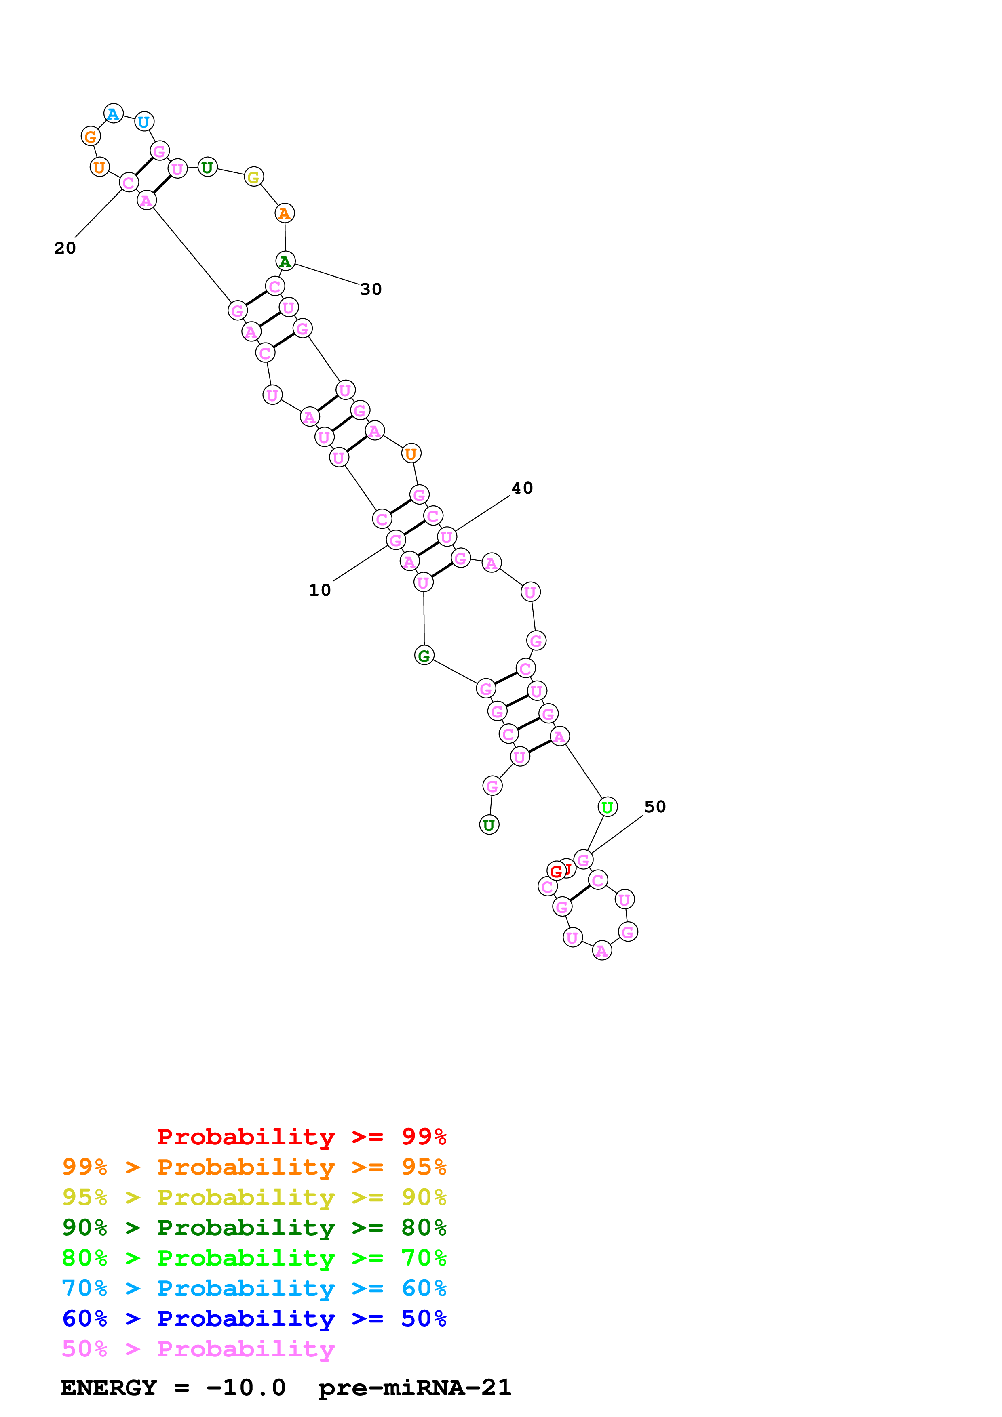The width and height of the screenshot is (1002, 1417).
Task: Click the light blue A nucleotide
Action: pos(113,114)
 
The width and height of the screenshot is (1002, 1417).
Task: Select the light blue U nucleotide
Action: pos(144,122)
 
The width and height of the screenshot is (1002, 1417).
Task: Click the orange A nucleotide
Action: pos(285,214)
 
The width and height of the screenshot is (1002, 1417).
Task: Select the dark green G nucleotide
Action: pos(424,656)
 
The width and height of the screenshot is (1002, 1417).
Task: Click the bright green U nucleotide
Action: pos(608,807)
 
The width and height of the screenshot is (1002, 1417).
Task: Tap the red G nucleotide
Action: pos(556,871)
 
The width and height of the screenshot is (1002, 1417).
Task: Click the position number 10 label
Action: pos(320,591)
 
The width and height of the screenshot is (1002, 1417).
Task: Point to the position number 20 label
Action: pos(65,248)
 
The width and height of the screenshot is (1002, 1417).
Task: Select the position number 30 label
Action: pos(371,290)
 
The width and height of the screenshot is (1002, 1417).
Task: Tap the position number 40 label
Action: pos(522,488)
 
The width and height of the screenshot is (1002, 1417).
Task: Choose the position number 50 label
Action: pos(655,807)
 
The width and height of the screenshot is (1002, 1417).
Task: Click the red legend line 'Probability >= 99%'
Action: pos(301,1137)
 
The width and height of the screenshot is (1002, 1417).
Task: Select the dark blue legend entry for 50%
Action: pos(254,1318)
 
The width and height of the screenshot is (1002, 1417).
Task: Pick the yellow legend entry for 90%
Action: pos(254,1197)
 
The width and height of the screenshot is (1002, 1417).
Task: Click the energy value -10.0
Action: pos(246,1388)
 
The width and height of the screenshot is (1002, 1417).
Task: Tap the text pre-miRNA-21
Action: pos(415,1388)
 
